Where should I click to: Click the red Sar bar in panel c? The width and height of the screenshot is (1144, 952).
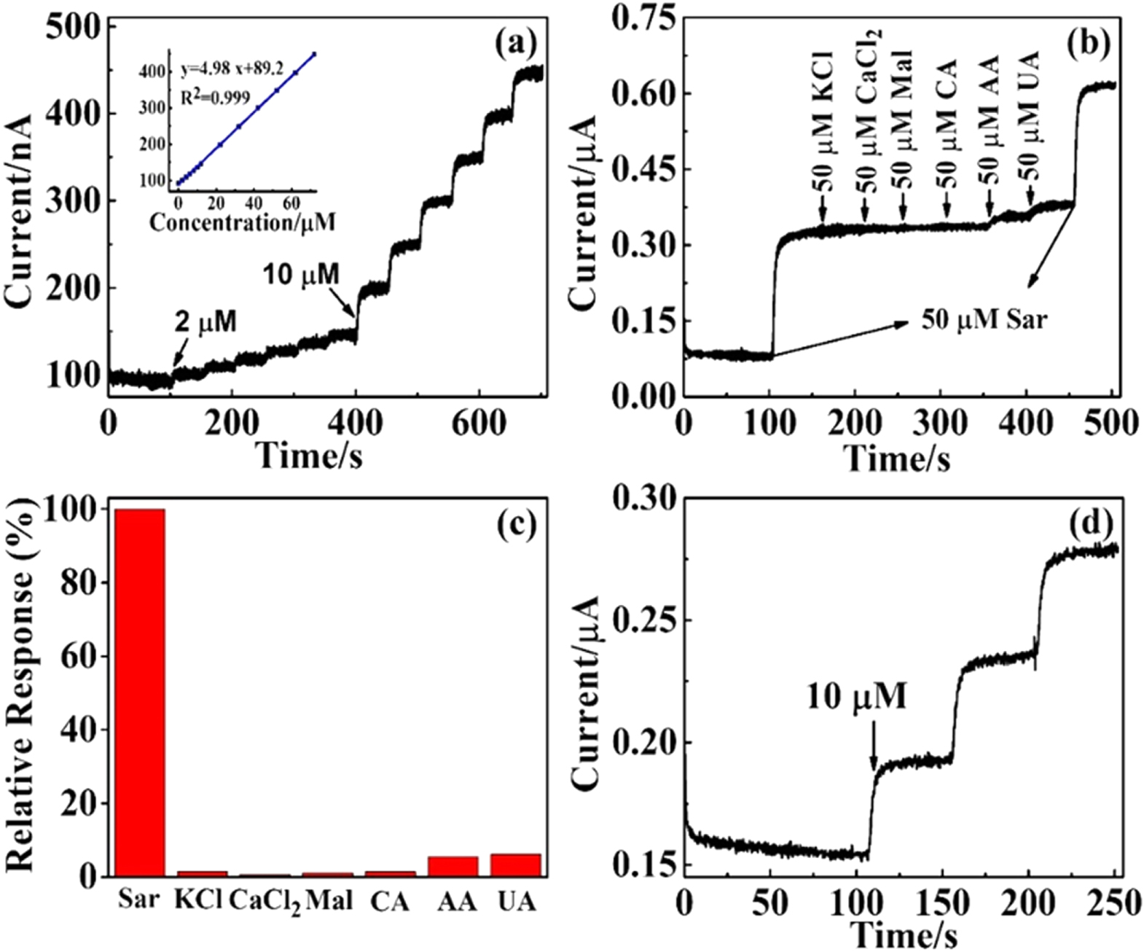pos(139,692)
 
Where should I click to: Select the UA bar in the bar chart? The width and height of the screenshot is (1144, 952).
pos(516,865)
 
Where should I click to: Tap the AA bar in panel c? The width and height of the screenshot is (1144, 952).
pos(452,867)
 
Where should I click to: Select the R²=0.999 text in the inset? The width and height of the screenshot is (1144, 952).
pos(216,98)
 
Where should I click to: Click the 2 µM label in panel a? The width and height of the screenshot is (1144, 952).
pos(205,322)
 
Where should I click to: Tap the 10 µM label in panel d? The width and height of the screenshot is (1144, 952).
pos(856,698)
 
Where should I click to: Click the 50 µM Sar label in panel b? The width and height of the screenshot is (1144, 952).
pos(984,319)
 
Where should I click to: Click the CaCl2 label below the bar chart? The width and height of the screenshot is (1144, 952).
pos(265,902)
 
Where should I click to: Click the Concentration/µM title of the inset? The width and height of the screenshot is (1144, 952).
pos(242,222)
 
